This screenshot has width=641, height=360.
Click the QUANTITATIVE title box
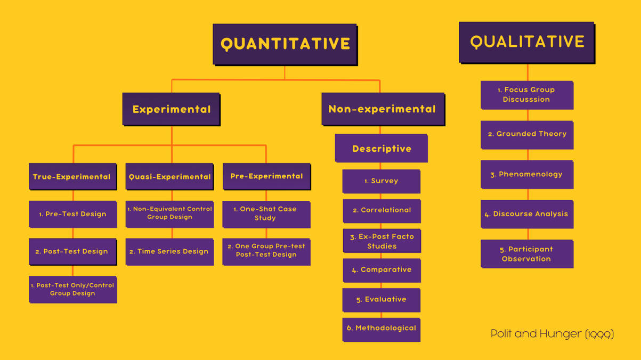pyautogui.click(x=285, y=44)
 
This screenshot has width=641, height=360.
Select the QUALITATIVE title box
pyautogui.click(x=526, y=42)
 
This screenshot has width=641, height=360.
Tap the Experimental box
pyautogui.click(x=171, y=109)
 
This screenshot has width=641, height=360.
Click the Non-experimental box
pyautogui.click(x=383, y=109)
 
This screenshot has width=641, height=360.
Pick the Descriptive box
pyautogui.click(x=382, y=148)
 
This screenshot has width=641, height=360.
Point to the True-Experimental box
pyautogui.click(x=72, y=176)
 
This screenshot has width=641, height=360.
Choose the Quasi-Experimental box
pyautogui.click(x=169, y=176)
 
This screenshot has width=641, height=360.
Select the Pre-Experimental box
pyautogui.click(x=266, y=176)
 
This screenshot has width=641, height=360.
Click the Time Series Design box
pyautogui.click(x=169, y=251)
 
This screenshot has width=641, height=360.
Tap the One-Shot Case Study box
pyautogui.click(x=266, y=214)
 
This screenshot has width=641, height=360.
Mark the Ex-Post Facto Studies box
pyautogui.click(x=382, y=241)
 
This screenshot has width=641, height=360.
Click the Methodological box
pyautogui.click(x=382, y=329)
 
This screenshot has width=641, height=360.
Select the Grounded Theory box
pyautogui.click(x=527, y=134)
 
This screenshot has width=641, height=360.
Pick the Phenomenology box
pyautogui.click(x=527, y=174)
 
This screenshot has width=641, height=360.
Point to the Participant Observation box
pyautogui.click(x=527, y=254)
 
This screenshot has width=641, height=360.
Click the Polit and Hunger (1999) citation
pyautogui.click(x=552, y=334)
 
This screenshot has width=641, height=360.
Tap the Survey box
pyautogui.click(x=382, y=181)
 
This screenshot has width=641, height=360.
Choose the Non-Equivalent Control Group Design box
pyautogui.click(x=169, y=214)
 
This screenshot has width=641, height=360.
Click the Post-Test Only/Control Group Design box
pyautogui.click(x=73, y=289)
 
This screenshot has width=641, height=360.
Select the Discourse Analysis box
pyautogui.click(x=527, y=214)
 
